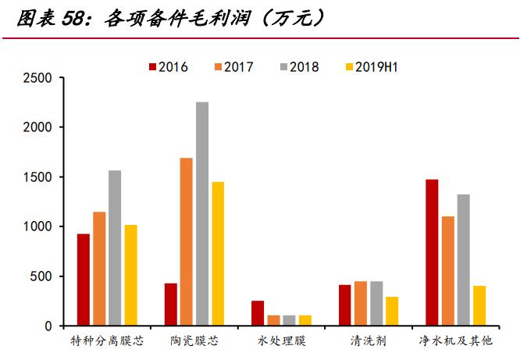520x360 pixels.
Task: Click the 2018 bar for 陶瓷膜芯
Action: (202, 214)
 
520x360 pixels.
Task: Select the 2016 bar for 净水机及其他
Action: (432, 252)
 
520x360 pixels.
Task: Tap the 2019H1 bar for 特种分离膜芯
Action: (130, 275)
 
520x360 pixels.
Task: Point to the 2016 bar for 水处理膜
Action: (258, 313)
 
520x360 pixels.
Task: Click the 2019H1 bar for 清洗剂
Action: (392, 311)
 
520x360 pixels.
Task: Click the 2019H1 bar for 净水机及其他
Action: (479, 305)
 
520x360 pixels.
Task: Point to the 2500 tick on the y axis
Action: (38, 78)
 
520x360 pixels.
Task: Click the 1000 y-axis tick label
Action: (38, 226)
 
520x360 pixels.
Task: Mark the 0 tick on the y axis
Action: (48, 326)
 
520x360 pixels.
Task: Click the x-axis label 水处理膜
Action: (281, 341)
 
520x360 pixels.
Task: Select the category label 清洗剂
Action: (369, 341)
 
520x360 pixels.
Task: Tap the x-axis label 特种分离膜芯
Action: (107, 341)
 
